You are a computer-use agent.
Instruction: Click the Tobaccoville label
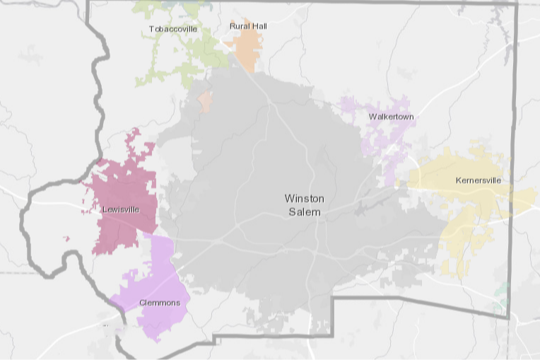point(172,29)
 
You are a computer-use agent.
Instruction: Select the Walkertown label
point(391,116)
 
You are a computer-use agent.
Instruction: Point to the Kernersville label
point(479,180)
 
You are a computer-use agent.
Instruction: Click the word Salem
point(303,212)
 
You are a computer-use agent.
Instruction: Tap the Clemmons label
point(159,303)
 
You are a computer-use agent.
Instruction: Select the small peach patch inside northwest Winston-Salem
point(205,101)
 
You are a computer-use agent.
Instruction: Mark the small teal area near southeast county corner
point(503,289)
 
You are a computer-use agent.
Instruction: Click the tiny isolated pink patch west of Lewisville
point(66,238)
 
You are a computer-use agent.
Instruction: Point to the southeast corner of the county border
point(509,318)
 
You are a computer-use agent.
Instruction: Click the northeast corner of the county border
point(517,4)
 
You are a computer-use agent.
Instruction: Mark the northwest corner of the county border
point(87,3)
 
